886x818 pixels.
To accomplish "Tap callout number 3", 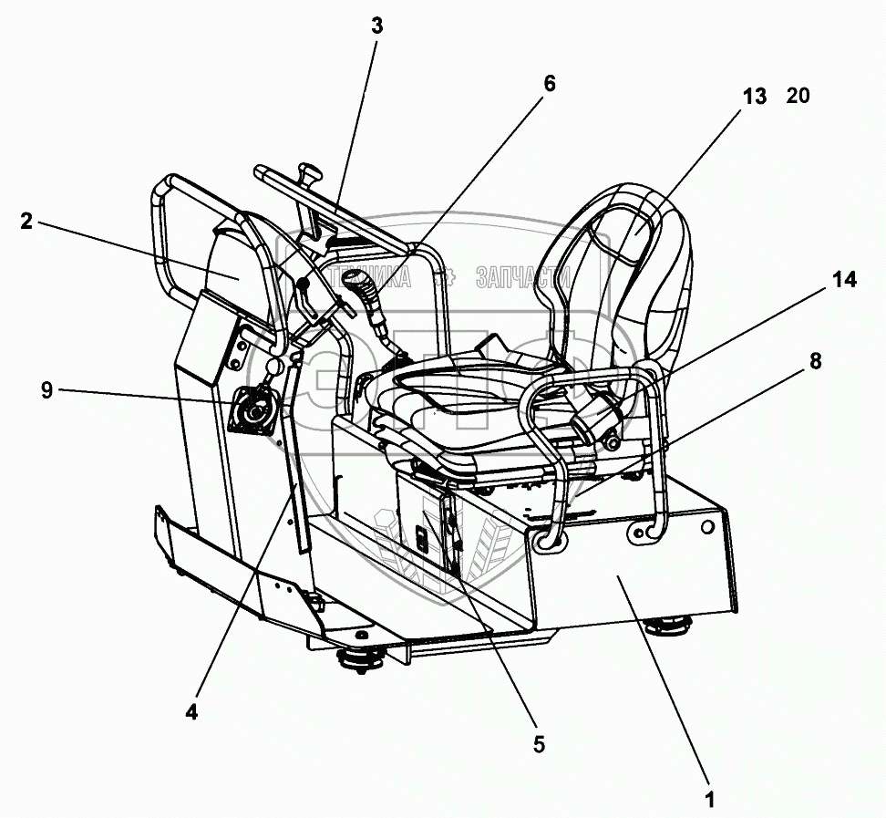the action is pos(377,26).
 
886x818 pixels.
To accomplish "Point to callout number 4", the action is pos(191,711).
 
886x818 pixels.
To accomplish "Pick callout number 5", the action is pos(539,744).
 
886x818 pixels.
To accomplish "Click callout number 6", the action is pos(548,82).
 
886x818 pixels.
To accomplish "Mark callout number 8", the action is pos(814,361).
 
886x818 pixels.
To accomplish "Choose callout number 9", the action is pos(46,391).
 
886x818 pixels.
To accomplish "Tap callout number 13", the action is pos(755,97).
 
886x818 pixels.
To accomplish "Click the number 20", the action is pos(798,97).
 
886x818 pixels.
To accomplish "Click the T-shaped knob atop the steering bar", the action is pos(310,171).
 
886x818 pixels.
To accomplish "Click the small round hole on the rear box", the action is pos(706,528).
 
